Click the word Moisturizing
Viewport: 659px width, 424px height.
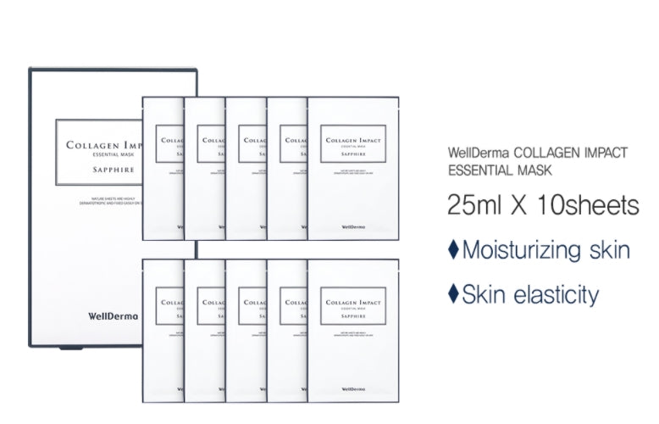pos(527,251)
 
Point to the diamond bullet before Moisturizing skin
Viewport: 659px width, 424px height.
pos(452,250)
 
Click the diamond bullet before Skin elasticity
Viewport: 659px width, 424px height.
pos(452,294)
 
